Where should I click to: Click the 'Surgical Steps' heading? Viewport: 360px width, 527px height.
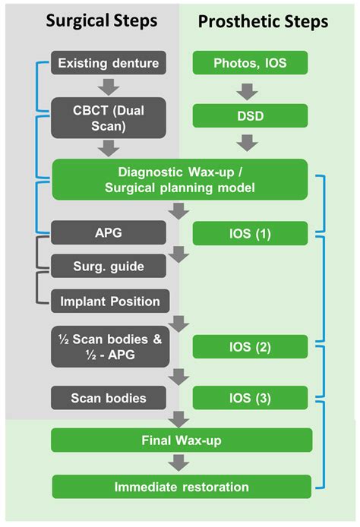click(102, 21)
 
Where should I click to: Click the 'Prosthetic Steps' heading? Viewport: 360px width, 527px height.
click(263, 21)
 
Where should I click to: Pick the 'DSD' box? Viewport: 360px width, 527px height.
click(251, 115)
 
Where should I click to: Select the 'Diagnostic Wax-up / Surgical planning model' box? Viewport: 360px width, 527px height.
click(181, 179)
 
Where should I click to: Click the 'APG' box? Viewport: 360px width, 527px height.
click(108, 232)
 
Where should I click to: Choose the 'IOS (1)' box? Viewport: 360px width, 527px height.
click(251, 232)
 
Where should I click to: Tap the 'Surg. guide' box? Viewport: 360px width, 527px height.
click(108, 267)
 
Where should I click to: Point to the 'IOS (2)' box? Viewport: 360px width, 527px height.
click(251, 347)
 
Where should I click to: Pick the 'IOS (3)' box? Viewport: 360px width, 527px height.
click(251, 397)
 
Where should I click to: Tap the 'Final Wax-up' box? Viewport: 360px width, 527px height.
click(181, 440)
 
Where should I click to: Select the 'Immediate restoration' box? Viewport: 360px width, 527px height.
click(181, 486)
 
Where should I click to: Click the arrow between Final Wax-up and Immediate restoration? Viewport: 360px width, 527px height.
click(181, 462)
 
